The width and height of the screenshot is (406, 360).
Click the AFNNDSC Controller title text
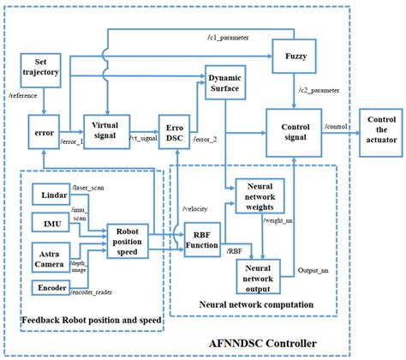click(275, 342)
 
